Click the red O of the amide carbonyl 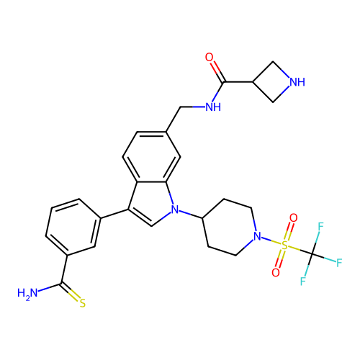click(x=209, y=58)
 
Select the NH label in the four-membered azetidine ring click(x=297, y=82)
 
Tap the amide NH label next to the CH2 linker click(x=213, y=107)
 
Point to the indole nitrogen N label click(x=175, y=210)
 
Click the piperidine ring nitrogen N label click(x=257, y=236)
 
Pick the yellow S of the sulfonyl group click(x=284, y=246)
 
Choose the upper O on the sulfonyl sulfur click(x=293, y=218)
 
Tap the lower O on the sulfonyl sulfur click(x=276, y=273)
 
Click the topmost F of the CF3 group click(x=320, y=227)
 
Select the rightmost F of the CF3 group click(x=339, y=263)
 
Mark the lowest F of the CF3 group click(x=303, y=281)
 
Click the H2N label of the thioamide click(x=27, y=293)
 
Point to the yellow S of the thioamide click(x=83, y=303)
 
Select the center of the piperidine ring click(x=230, y=227)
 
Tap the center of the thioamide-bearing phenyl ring click(x=73, y=227)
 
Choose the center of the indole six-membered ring click(x=151, y=157)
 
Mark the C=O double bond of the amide click(x=217, y=72)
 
